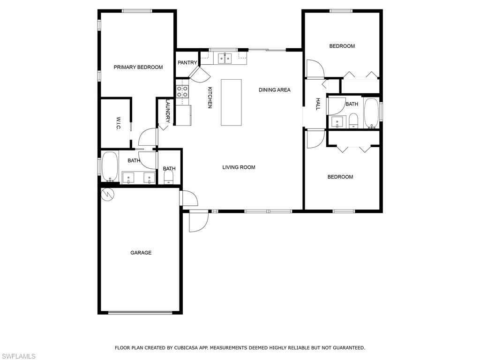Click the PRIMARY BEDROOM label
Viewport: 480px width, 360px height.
pyautogui.click(x=138, y=67)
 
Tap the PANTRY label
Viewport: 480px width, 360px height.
pyautogui.click(x=187, y=63)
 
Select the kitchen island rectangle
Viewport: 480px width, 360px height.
pyautogui.click(x=231, y=102)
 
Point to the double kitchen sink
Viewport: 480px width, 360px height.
pyautogui.click(x=223, y=58)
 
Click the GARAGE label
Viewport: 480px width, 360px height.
pyautogui.click(x=141, y=253)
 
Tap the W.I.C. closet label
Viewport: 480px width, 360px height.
pyautogui.click(x=119, y=123)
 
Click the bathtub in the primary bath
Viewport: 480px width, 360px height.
pyautogui.click(x=110, y=166)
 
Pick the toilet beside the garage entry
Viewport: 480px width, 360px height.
pyautogui.click(x=169, y=177)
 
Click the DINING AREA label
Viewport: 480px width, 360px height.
pyautogui.click(x=274, y=90)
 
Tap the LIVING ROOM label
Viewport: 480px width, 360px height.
pyautogui.click(x=239, y=167)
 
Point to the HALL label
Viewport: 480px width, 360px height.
pyautogui.click(x=317, y=104)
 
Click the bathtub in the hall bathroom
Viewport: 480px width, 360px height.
pyautogui.click(x=371, y=112)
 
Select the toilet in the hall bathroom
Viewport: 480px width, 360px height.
pyautogui.click(x=353, y=121)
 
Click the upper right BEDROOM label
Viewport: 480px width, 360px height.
pyautogui.click(x=342, y=46)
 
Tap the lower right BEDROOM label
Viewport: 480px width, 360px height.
pyautogui.click(x=340, y=177)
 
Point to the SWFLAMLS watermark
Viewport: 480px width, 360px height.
pyautogui.click(x=18, y=357)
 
